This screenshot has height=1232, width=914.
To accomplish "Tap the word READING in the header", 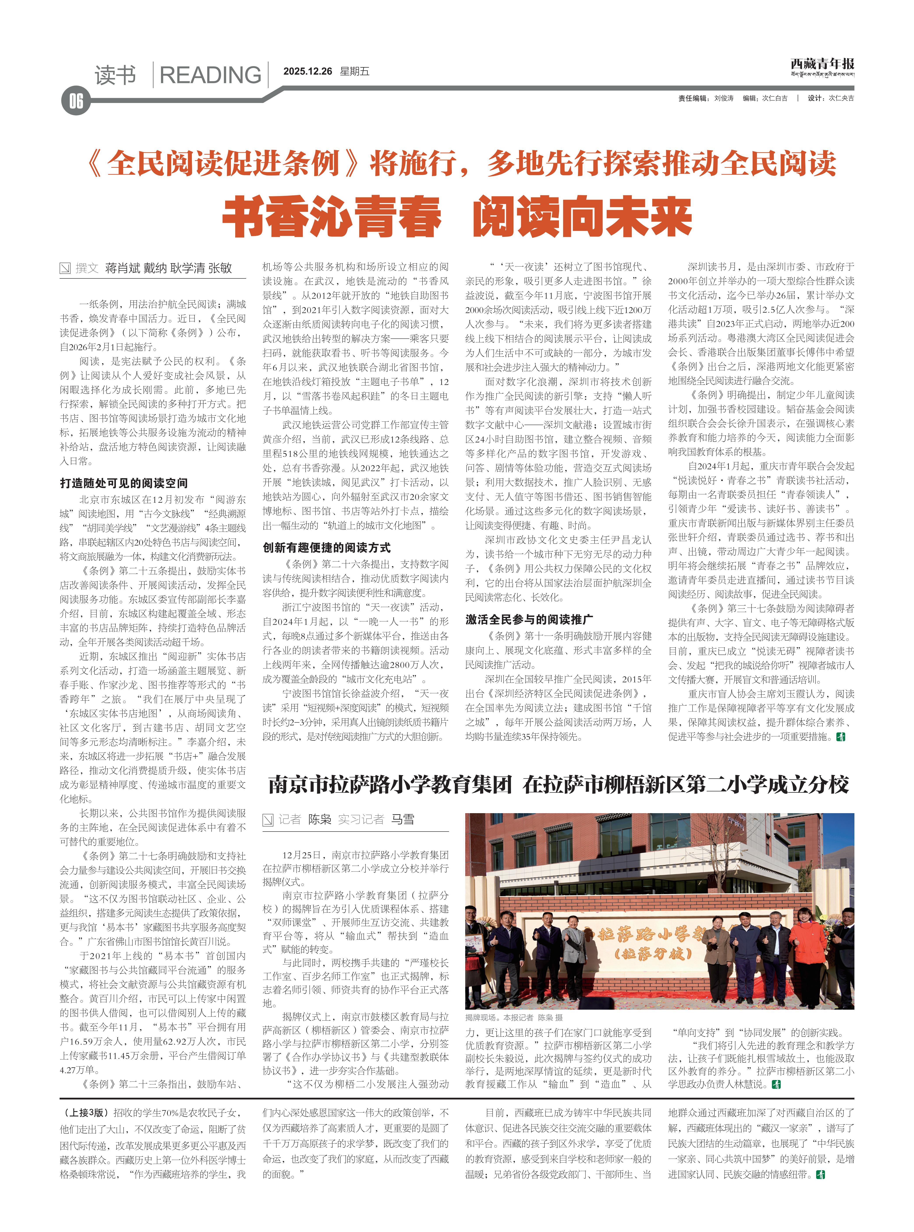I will pos(210,75).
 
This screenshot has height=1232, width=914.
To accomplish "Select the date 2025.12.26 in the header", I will pos(308,71).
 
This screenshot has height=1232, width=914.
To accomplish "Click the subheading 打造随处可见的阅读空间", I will pos(124,483).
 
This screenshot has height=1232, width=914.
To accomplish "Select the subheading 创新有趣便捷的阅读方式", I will pos(326,548).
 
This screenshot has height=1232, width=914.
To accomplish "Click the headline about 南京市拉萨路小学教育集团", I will pos(558,784).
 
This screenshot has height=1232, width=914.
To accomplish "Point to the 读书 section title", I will pos(115,75).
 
